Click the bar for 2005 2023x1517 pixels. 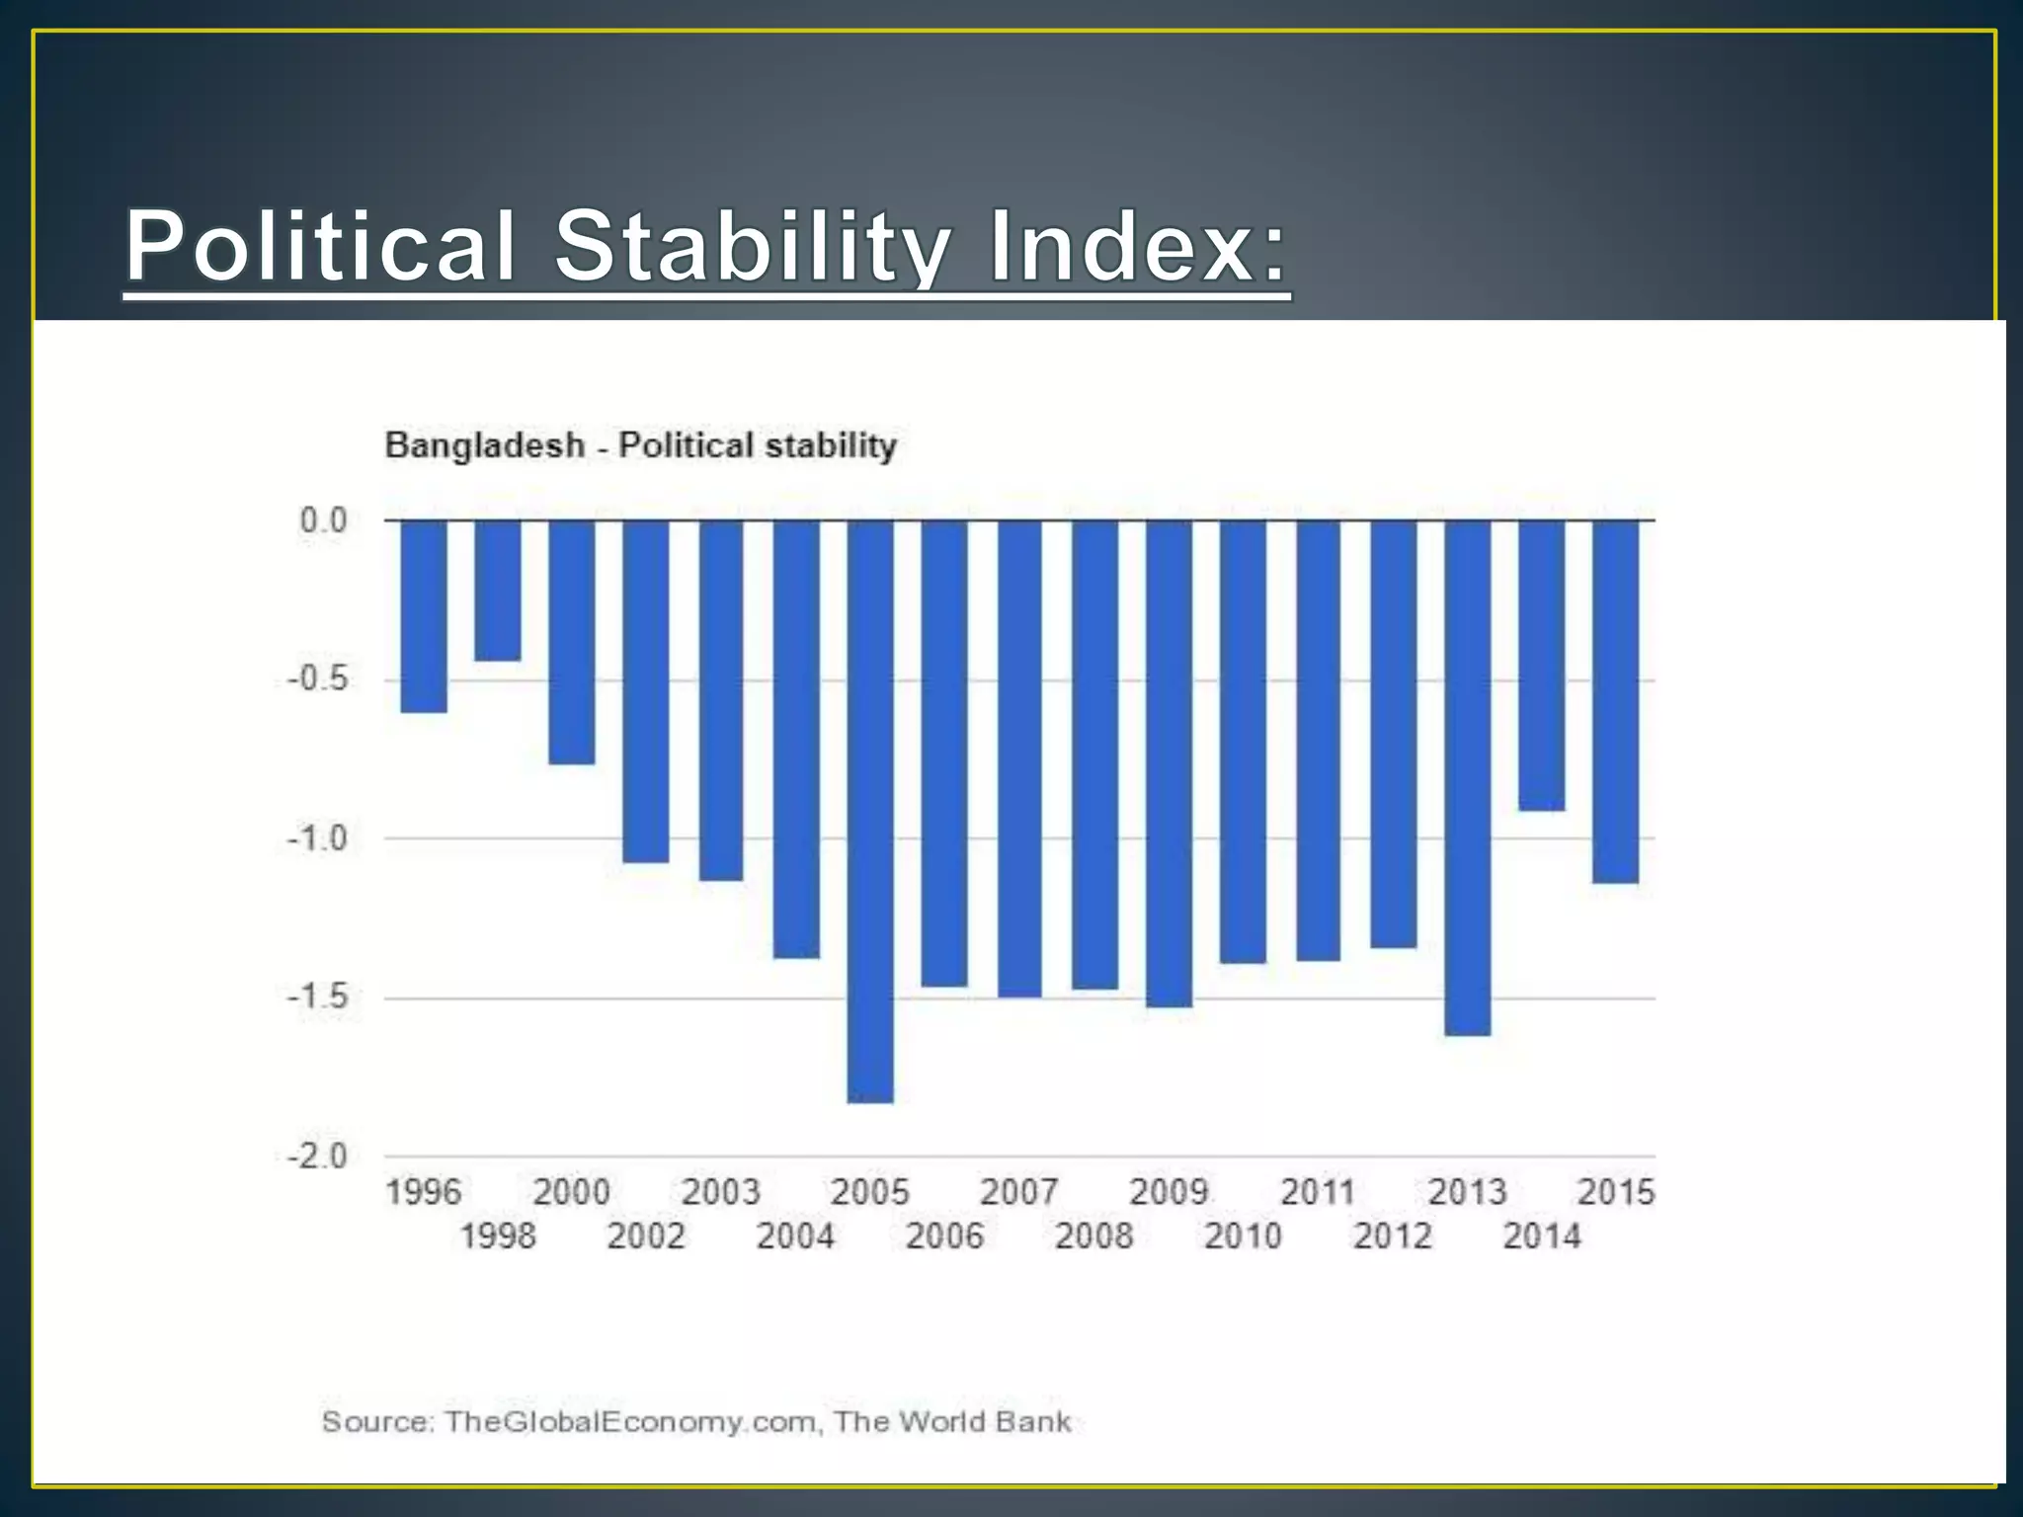click(870, 810)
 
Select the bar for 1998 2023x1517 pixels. click(498, 591)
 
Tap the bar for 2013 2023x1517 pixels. click(1467, 777)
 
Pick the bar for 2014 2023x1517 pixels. click(1542, 665)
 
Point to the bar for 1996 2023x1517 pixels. click(424, 615)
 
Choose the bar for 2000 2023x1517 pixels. click(572, 642)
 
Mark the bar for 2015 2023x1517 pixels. click(1616, 701)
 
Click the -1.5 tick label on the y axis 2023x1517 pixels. click(318, 997)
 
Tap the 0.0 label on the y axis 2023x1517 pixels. click(324, 520)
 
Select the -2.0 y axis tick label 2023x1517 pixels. click(318, 1156)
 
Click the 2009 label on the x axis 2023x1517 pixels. click(1169, 1192)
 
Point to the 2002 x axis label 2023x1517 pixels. click(646, 1237)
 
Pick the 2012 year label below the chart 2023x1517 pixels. click(1392, 1237)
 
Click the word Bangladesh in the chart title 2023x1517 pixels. click(484, 445)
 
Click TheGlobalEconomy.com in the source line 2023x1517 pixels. click(630, 1422)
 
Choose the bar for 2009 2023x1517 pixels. click(1169, 762)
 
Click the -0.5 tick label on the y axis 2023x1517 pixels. click(318, 679)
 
